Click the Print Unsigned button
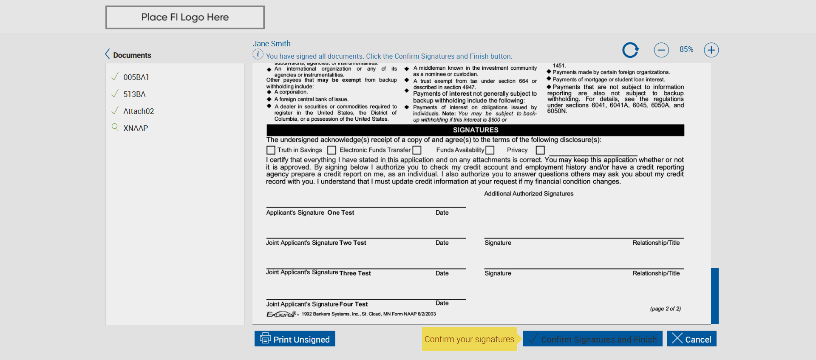point(295,339)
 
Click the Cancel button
point(691,339)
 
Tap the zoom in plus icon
point(711,50)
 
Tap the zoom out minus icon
point(661,50)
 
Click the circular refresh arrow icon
point(630,50)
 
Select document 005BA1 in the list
point(136,77)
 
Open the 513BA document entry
point(134,94)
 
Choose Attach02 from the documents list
point(139,111)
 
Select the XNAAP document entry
point(136,128)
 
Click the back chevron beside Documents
point(108,54)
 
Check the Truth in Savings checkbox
point(271,150)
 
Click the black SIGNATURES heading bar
point(475,130)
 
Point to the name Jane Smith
point(272,44)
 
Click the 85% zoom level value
point(686,50)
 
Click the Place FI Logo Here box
point(185,17)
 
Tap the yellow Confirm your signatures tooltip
point(469,339)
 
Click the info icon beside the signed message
point(258,54)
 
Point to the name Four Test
point(354,304)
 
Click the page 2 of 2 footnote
point(665,309)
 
